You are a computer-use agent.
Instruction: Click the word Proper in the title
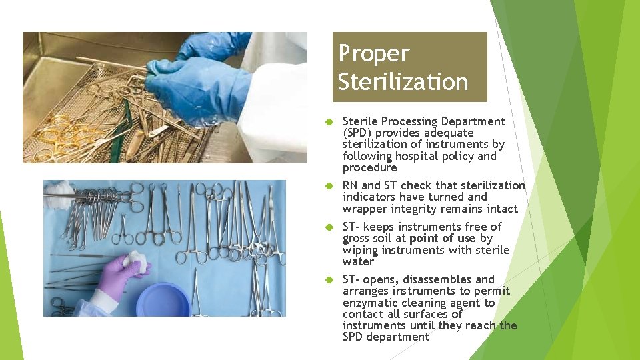[373, 53]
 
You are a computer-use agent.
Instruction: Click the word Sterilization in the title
[403, 82]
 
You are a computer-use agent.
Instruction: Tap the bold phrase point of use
[443, 238]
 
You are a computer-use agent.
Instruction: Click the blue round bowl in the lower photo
[163, 300]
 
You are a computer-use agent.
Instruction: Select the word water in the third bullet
[358, 261]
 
